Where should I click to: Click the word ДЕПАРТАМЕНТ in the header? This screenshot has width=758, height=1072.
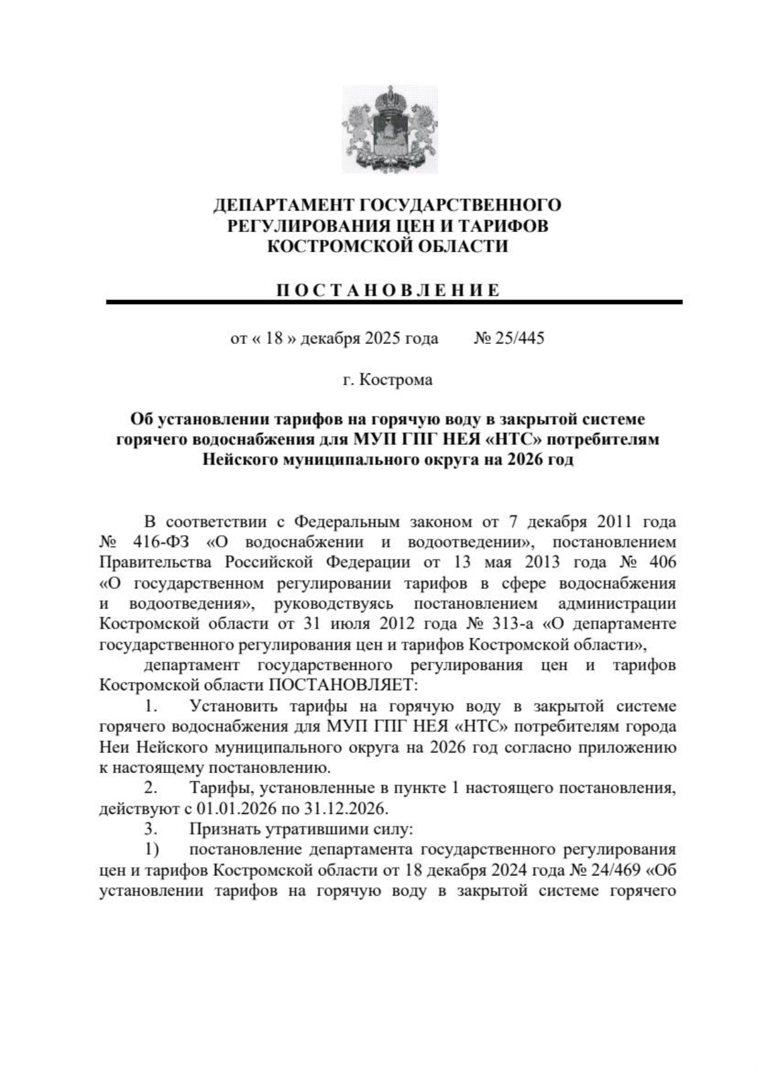[284, 205]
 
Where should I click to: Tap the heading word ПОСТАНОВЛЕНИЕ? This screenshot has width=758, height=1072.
[388, 290]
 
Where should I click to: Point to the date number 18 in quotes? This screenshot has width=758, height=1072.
[273, 339]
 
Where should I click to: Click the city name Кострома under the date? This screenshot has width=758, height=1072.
[396, 380]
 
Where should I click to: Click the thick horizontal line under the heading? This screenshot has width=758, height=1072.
[394, 303]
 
